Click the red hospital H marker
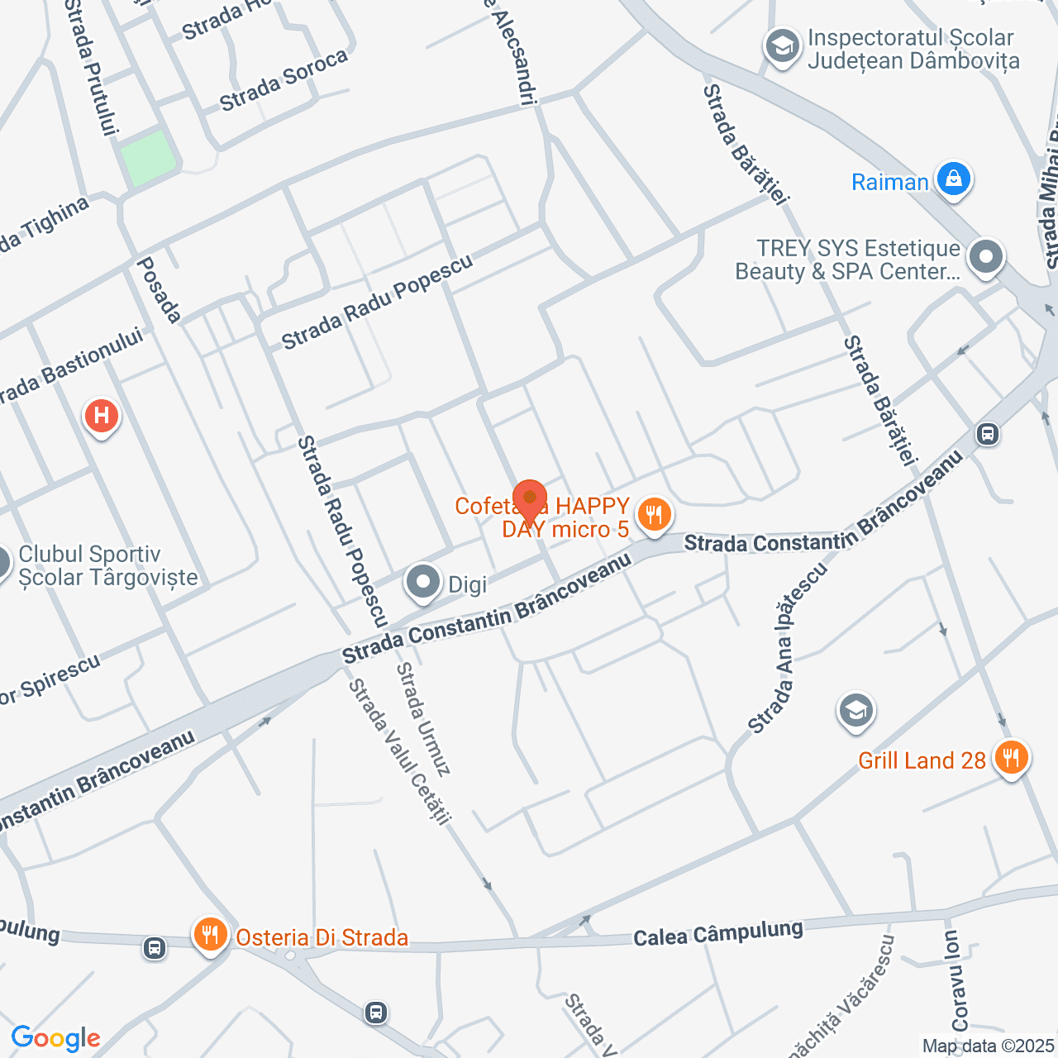point(102,414)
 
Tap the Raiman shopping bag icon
point(953,179)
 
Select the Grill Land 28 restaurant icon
point(1010,757)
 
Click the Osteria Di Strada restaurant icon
point(211,934)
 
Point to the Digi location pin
point(423,582)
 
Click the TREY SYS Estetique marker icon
point(985,256)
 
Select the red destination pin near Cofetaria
point(529,499)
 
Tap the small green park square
point(148,156)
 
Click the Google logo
point(55,1038)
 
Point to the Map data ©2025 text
point(989,1046)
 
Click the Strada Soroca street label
point(284,80)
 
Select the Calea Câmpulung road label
point(717,933)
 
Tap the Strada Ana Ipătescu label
point(788,648)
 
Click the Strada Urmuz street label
point(423,719)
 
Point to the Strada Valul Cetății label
point(399,751)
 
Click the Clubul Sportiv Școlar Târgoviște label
point(108,565)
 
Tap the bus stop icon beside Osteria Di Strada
point(155,947)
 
